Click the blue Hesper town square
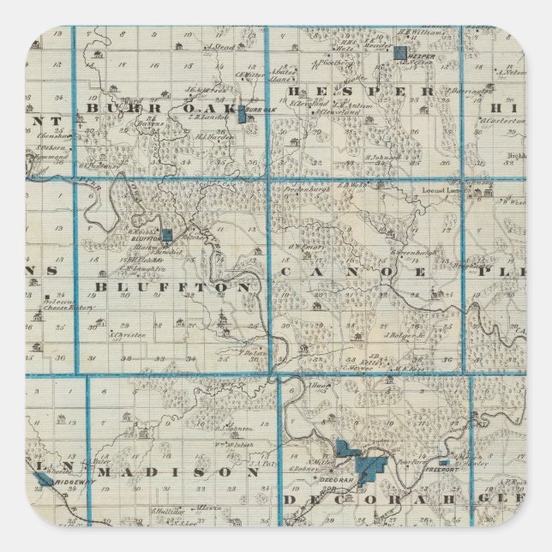400,52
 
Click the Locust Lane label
441,189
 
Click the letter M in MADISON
111,472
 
